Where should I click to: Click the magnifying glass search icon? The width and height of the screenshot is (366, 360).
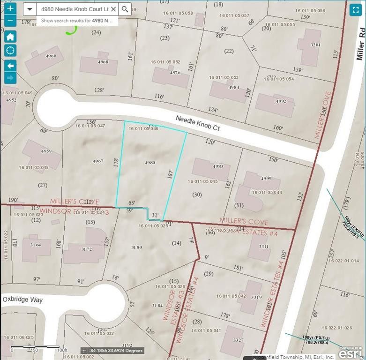125,9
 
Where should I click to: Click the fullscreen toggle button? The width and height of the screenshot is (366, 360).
355,9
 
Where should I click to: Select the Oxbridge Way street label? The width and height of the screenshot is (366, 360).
22,299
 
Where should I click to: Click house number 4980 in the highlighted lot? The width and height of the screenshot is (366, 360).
150,163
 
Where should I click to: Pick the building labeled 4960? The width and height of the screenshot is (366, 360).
44,60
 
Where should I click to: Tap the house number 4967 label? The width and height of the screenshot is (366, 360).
97,161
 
